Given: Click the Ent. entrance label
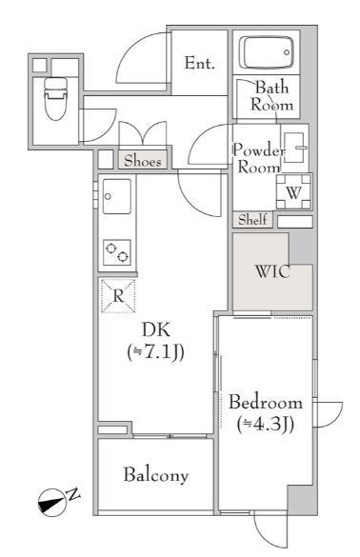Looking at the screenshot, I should (200, 64).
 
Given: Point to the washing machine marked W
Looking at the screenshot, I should (293, 190).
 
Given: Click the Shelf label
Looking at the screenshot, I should (252, 220).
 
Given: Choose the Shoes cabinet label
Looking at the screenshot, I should (144, 160).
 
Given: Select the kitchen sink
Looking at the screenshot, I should (117, 197).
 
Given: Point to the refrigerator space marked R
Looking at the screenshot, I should (117, 296).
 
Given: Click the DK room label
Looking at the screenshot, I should (155, 330).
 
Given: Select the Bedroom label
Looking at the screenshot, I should (266, 402).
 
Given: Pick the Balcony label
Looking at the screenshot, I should (155, 475).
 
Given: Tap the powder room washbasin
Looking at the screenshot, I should (295, 147).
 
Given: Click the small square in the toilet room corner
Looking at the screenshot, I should (39, 65).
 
